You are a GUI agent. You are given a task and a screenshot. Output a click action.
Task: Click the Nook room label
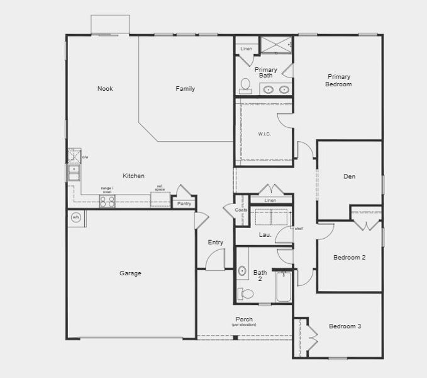(x=105, y=89)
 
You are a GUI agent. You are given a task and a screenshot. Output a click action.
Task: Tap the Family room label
(x=185, y=89)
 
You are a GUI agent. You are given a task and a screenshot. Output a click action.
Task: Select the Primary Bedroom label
(x=339, y=80)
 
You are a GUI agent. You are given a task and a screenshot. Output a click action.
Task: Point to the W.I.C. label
(x=264, y=134)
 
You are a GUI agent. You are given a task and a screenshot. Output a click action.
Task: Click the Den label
(x=349, y=176)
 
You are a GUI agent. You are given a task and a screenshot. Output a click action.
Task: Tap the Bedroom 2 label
(x=349, y=257)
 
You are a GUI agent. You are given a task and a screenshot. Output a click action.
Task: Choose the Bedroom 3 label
(x=345, y=326)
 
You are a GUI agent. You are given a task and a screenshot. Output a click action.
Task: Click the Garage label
(x=130, y=273)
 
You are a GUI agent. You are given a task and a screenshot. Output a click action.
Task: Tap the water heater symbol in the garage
(x=76, y=217)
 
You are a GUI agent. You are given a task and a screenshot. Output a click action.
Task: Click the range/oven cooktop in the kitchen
(x=108, y=201)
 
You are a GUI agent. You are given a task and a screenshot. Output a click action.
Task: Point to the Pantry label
(x=184, y=203)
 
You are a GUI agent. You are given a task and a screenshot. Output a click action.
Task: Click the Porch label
(x=244, y=319)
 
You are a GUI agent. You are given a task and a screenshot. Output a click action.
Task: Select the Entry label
(x=215, y=243)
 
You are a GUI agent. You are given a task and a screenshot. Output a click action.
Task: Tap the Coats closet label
(x=241, y=210)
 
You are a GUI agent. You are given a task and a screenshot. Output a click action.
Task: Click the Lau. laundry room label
(x=265, y=235)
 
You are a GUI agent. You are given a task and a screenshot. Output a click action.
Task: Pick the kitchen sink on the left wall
(x=74, y=172)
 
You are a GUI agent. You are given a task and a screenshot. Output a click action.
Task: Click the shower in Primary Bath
(x=275, y=45)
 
